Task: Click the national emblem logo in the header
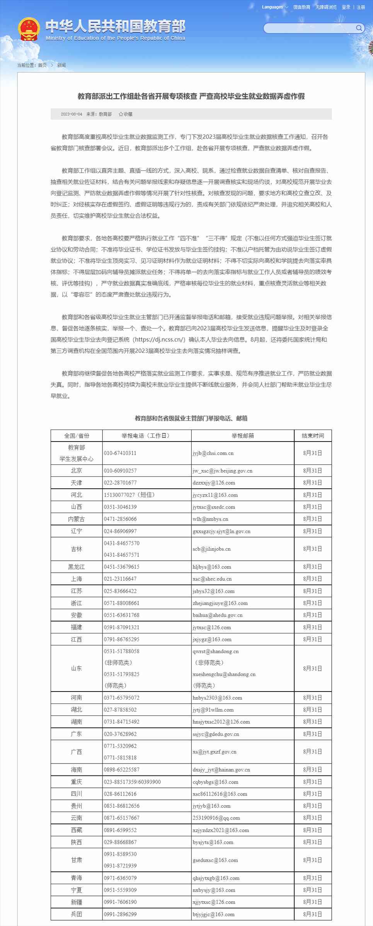click(x=29, y=29)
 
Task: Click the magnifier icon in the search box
click(x=359, y=28)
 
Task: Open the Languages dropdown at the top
click(x=275, y=7)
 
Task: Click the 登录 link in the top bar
click(x=346, y=7)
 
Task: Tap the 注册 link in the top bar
click(x=361, y=7)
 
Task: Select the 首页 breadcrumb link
click(x=42, y=65)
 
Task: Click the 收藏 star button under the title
click(x=126, y=114)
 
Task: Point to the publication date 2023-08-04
click(x=72, y=114)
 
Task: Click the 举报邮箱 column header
click(x=243, y=435)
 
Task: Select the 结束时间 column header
click(x=313, y=435)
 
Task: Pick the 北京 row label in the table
click(x=77, y=471)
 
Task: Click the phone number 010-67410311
click(x=120, y=453)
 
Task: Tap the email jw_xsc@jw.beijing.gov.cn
click(x=222, y=471)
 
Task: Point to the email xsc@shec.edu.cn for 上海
click(x=212, y=579)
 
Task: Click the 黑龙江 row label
click(x=77, y=567)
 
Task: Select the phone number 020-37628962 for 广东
click(x=120, y=734)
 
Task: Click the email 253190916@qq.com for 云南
click(x=216, y=818)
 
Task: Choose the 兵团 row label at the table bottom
click(x=77, y=914)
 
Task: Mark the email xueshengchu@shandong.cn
click(x=224, y=674)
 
